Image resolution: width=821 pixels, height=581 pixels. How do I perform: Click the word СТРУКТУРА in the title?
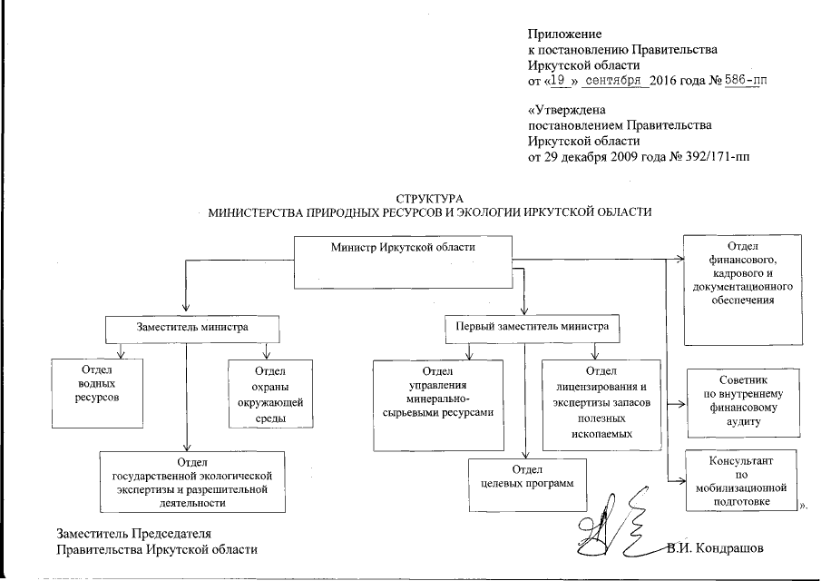[x=430, y=197]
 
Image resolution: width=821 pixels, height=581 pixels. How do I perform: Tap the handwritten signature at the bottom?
[x=603, y=534]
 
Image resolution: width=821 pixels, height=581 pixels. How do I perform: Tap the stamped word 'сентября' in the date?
[x=616, y=81]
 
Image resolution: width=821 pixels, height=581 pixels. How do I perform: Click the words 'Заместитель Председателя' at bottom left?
[x=139, y=533]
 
